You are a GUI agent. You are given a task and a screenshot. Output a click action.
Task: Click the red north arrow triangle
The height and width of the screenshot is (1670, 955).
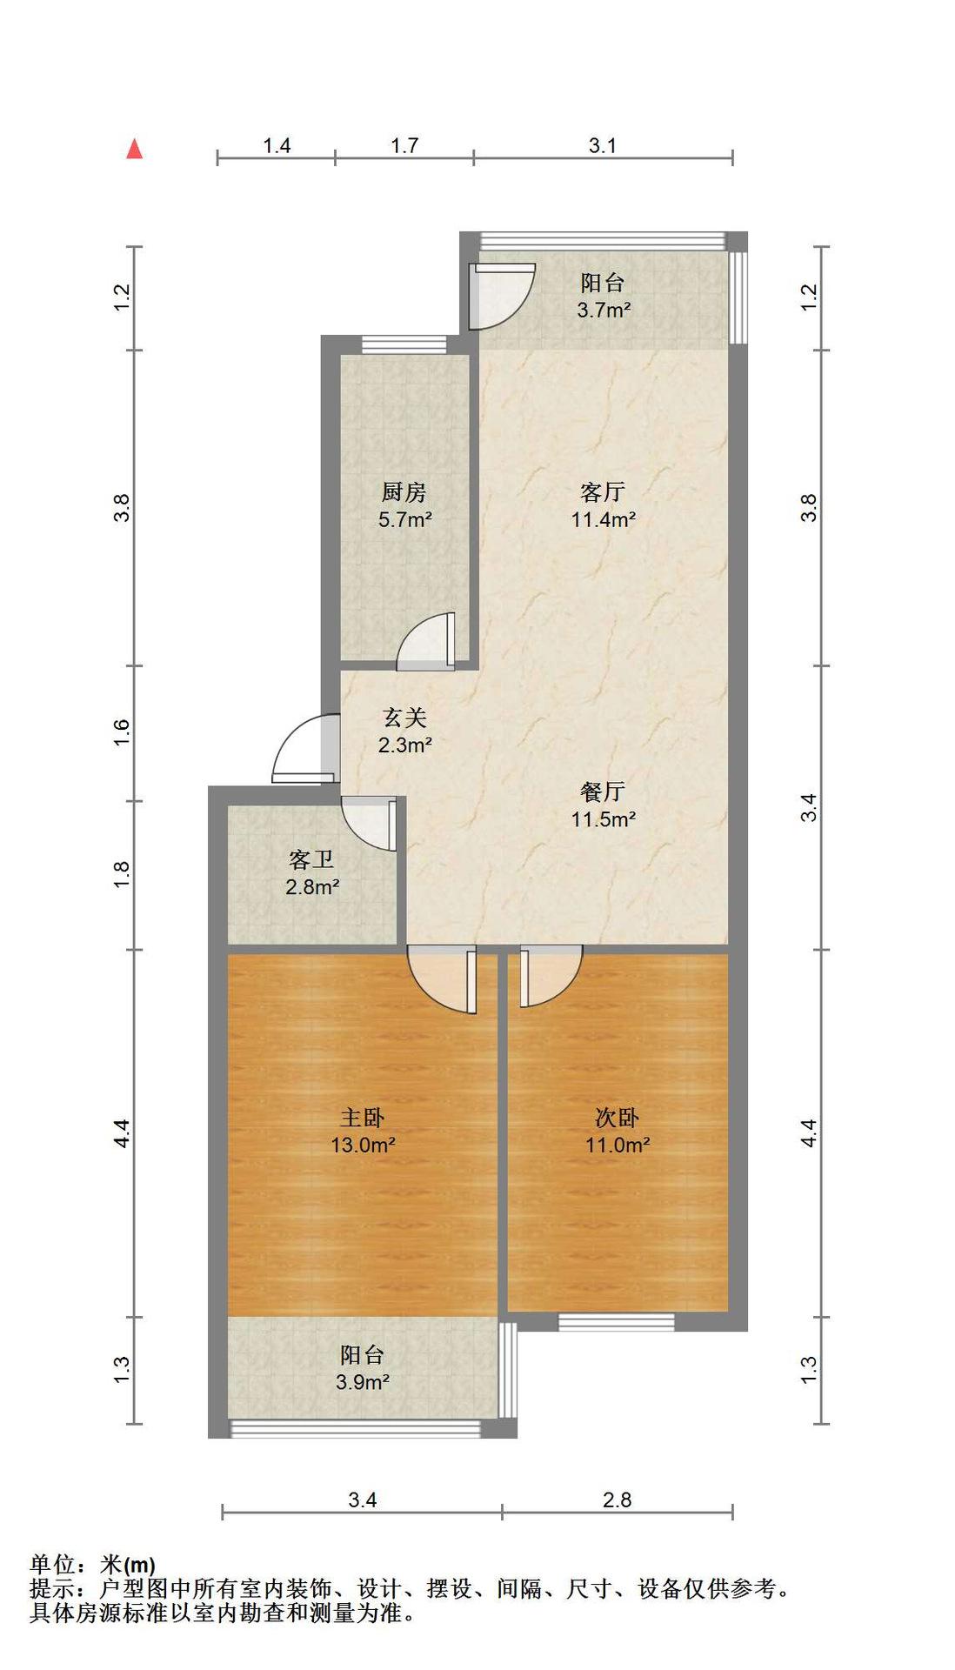pos(134,149)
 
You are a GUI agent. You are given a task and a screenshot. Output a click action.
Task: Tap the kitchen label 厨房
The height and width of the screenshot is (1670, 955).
pos(404,492)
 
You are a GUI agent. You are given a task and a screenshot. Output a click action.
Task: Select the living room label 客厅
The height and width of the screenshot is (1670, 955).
pos(602,492)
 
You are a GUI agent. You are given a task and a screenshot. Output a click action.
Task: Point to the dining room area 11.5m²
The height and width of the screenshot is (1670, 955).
pos(603,819)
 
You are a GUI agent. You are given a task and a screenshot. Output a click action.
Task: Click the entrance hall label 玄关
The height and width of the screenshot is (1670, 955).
pos(404,718)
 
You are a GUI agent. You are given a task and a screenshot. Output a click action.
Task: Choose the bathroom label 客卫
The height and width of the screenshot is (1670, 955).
pos(311,860)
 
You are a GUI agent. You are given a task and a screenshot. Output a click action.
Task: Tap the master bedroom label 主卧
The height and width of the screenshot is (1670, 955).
pos(362,1118)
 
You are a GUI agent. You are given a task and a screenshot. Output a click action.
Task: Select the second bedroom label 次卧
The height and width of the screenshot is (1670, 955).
pos(617,1118)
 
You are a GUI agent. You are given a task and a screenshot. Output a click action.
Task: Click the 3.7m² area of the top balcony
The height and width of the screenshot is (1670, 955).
pos(604,310)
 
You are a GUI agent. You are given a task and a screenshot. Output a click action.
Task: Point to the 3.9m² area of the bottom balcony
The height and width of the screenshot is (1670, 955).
pos(362,1382)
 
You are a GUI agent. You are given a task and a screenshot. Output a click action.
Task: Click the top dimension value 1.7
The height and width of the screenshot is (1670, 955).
pos(404,145)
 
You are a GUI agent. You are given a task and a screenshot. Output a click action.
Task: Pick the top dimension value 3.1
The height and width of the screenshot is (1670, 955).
pos(602,145)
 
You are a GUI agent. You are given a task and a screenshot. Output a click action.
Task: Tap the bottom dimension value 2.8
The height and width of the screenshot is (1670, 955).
pos(617,1500)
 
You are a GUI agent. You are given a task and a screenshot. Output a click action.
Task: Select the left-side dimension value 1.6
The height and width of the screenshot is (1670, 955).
pos(122,731)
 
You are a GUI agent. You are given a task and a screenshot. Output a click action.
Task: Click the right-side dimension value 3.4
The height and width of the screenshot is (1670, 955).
pos(810,808)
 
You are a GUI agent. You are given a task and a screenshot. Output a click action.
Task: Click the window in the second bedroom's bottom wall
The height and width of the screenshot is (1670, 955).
pos(616,1322)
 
